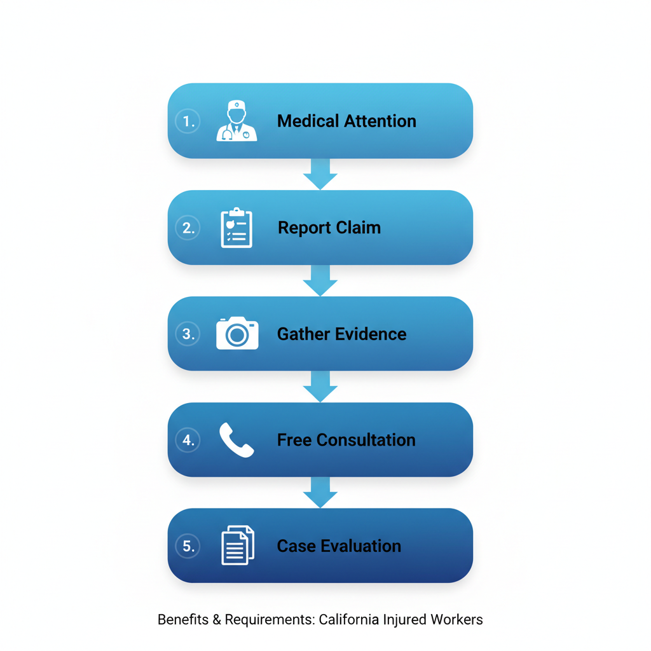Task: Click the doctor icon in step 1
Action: [x=236, y=121]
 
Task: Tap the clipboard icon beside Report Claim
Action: [x=236, y=228]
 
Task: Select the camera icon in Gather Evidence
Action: [x=237, y=333]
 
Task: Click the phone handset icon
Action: [x=236, y=440]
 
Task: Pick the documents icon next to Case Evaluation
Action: [x=238, y=545]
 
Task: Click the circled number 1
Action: [x=188, y=121]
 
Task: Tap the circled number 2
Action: [x=188, y=228]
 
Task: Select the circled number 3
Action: [x=188, y=334]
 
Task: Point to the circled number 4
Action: [x=188, y=440]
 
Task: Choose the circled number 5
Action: [x=188, y=546]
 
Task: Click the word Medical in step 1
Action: [x=308, y=121]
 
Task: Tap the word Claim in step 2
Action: [x=358, y=228]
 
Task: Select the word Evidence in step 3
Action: [x=371, y=334]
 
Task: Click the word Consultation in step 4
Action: [x=366, y=440]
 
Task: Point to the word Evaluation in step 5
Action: [x=361, y=546]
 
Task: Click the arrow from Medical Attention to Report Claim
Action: [x=320, y=174]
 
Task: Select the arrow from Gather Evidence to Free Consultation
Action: [x=320, y=387]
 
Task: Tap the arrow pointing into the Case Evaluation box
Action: [x=320, y=493]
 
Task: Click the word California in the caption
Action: [x=349, y=619]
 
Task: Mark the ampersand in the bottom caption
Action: [x=217, y=620]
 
